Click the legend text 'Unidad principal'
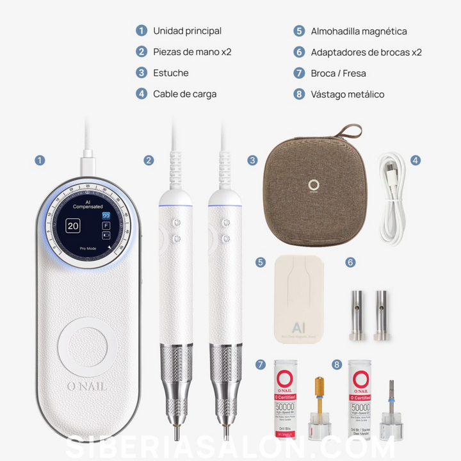[187, 31]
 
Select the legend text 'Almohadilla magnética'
[359, 31]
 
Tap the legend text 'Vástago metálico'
[348, 94]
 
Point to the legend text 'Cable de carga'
[184, 94]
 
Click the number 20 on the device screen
[73, 225]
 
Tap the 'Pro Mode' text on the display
[88, 246]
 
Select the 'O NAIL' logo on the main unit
[87, 385]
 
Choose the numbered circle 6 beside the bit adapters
[350, 262]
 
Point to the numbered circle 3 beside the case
[252, 160]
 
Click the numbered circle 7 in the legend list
[299, 74]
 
